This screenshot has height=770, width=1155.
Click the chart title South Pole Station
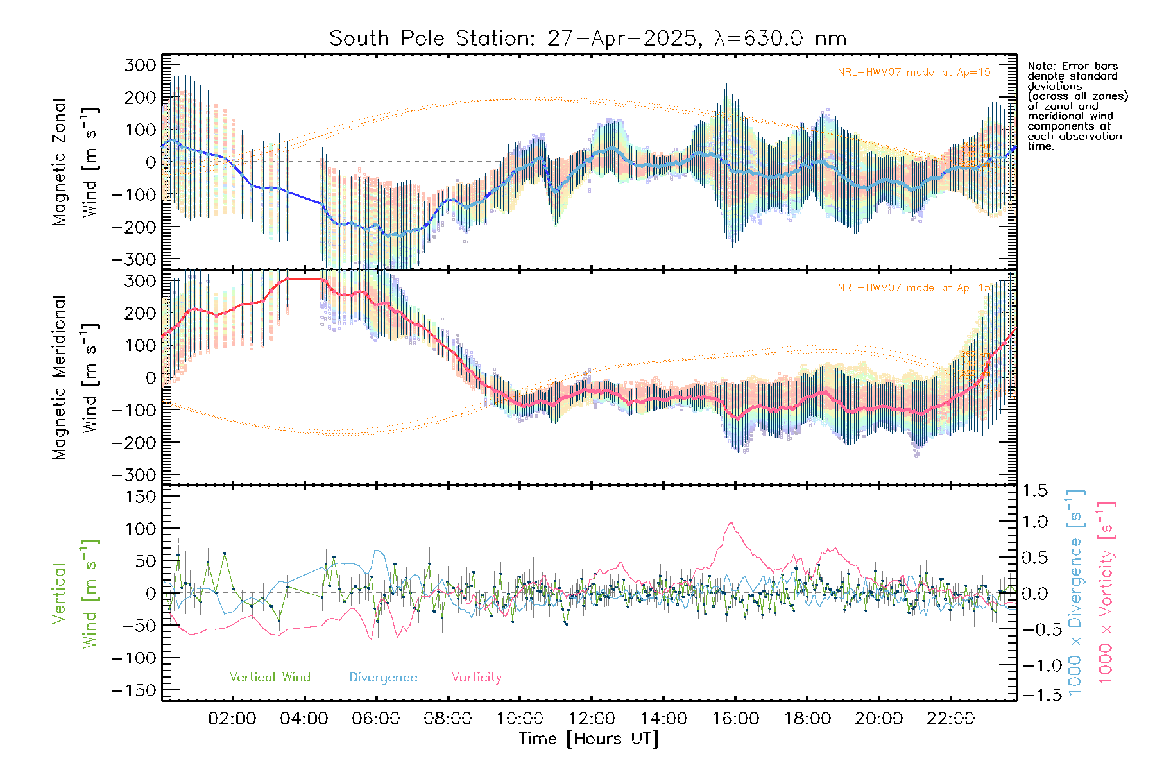(587, 38)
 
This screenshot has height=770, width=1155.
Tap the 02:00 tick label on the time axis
(232, 719)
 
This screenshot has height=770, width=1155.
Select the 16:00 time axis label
(735, 719)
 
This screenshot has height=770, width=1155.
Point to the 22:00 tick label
(951, 719)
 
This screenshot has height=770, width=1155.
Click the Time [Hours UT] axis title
(588, 739)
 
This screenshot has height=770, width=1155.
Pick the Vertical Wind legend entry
(269, 678)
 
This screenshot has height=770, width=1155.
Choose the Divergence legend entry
(383, 678)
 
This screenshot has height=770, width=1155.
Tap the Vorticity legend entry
(476, 678)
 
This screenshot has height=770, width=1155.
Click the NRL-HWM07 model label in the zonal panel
(914, 73)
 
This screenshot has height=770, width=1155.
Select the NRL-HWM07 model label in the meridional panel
(914, 288)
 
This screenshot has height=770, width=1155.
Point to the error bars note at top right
(1077, 106)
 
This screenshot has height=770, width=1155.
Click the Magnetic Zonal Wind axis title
(76, 162)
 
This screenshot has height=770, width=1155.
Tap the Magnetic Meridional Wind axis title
(76, 377)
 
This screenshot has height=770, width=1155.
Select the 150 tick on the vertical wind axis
(141, 497)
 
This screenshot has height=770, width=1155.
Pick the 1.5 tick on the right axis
(1034, 491)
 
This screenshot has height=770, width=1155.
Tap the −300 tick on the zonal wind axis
(133, 260)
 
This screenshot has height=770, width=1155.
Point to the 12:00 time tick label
(592, 719)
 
